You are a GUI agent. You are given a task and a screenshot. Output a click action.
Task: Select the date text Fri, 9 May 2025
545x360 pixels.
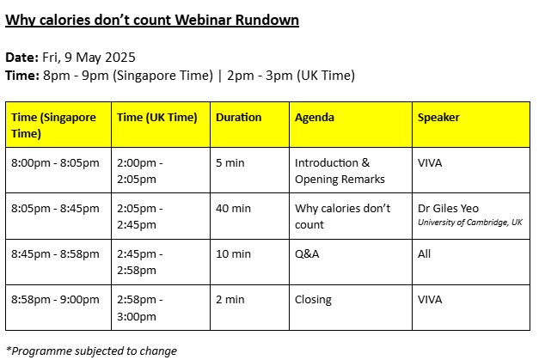pyautogui.click(x=89, y=58)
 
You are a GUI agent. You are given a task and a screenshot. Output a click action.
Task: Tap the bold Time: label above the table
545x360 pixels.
pyautogui.click(x=22, y=76)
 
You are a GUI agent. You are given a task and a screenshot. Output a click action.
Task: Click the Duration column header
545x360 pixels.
pyautogui.click(x=238, y=118)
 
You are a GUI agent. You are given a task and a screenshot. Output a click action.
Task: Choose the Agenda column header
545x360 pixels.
pyautogui.click(x=315, y=118)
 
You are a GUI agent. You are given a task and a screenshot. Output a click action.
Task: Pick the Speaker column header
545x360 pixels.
pyautogui.click(x=438, y=118)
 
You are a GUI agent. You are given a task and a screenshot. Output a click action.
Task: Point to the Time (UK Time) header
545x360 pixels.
pyautogui.click(x=156, y=118)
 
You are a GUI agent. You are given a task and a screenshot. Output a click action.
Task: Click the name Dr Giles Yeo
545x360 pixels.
pyautogui.click(x=448, y=209)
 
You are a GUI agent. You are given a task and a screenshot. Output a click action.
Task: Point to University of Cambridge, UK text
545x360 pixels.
pyautogui.click(x=470, y=223)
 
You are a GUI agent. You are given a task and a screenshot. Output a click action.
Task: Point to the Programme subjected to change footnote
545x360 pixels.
pyautogui.click(x=92, y=351)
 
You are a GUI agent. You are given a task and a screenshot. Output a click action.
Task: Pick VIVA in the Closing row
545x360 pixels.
pyautogui.click(x=430, y=300)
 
